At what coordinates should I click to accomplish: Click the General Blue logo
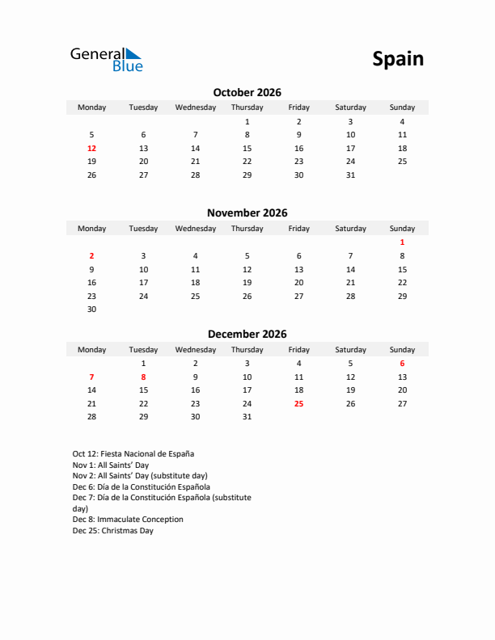106,59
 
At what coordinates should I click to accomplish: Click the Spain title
398,59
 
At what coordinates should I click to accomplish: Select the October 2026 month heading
247,92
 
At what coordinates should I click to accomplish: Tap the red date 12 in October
91,149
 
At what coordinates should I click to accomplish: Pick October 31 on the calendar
350,175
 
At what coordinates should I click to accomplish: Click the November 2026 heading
247,213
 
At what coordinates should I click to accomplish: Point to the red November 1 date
402,242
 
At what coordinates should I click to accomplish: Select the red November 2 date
91,255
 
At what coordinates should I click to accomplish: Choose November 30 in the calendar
91,309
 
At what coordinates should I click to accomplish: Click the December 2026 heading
247,334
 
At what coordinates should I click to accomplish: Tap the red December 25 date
298,403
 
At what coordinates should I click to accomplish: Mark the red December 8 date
143,377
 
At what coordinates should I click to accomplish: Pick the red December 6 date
402,364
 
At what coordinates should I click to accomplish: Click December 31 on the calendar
247,417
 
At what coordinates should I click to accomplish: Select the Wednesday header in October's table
195,107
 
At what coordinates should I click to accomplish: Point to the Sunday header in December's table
402,350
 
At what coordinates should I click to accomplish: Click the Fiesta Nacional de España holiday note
133,454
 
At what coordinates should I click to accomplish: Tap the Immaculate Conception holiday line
128,520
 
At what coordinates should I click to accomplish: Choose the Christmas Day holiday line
112,531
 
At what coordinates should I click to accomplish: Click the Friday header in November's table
298,229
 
